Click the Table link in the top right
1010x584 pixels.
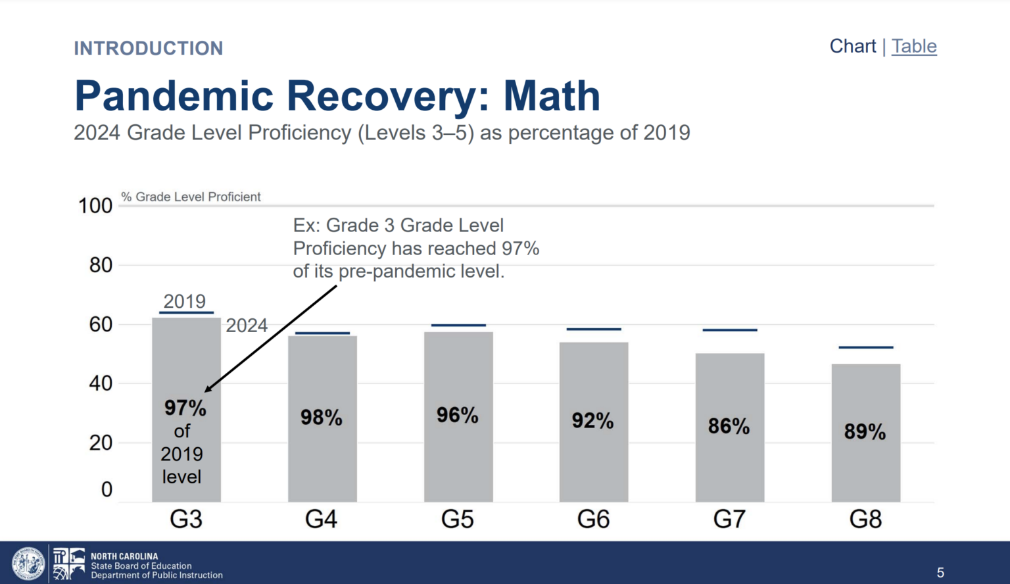click(x=914, y=47)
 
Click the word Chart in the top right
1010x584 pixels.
click(x=852, y=47)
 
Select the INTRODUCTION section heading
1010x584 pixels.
click(x=149, y=49)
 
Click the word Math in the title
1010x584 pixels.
click(x=552, y=96)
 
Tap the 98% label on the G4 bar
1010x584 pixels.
click(x=322, y=418)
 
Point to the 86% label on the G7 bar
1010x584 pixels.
click(x=729, y=426)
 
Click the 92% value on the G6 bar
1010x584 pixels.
click(x=592, y=420)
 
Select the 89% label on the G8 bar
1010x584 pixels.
click(x=865, y=431)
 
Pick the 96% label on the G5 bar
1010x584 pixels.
click(x=458, y=415)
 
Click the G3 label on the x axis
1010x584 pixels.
click(x=186, y=520)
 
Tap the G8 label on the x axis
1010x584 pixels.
click(x=865, y=520)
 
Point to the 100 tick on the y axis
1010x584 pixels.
click(x=95, y=206)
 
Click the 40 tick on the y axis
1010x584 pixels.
click(x=101, y=383)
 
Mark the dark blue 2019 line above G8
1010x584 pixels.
click(x=865, y=347)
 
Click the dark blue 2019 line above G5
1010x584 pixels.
click(x=458, y=326)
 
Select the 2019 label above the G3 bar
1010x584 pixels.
click(x=185, y=301)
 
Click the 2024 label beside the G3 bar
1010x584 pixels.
click(x=247, y=326)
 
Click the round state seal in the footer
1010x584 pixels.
click(x=28, y=564)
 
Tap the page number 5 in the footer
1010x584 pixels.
click(x=940, y=573)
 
